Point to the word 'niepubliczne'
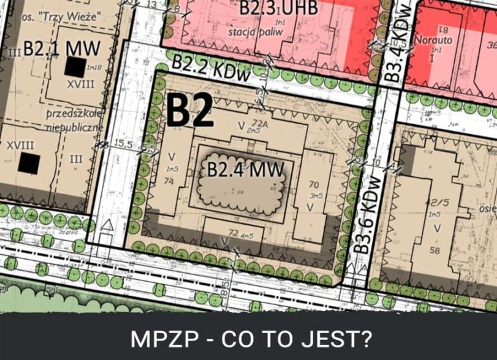click(75, 127)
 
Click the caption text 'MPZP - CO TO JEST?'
click(248, 339)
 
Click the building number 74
click(170, 180)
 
